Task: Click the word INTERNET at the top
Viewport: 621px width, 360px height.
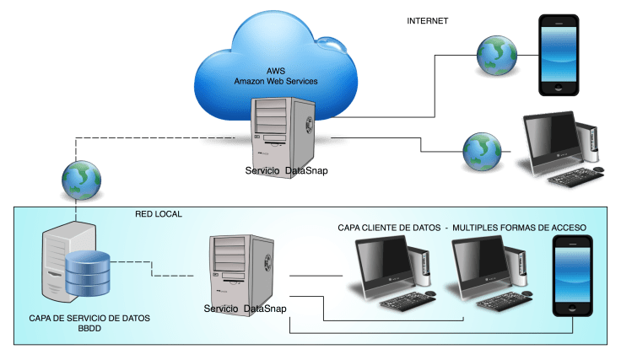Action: (x=429, y=20)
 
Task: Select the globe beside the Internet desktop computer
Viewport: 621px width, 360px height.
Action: (x=482, y=151)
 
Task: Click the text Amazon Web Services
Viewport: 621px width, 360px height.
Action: (x=276, y=81)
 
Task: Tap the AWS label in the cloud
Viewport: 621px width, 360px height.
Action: (x=276, y=71)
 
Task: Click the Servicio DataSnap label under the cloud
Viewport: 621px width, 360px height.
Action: (x=286, y=171)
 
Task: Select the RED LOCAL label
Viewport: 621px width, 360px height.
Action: (x=159, y=214)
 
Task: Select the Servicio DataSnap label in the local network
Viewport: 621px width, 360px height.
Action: (x=246, y=310)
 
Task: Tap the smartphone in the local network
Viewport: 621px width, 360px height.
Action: (x=573, y=277)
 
